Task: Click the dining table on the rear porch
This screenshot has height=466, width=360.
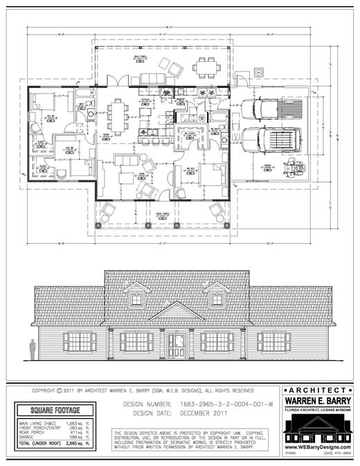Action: click(x=206, y=68)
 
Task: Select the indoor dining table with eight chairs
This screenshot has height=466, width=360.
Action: click(x=118, y=116)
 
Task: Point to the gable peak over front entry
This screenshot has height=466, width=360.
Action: click(x=177, y=309)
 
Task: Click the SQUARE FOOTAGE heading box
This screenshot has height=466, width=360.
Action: click(x=56, y=411)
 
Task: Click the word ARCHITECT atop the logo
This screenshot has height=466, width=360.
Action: click(x=316, y=391)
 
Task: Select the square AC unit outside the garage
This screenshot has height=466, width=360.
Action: click(x=259, y=71)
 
